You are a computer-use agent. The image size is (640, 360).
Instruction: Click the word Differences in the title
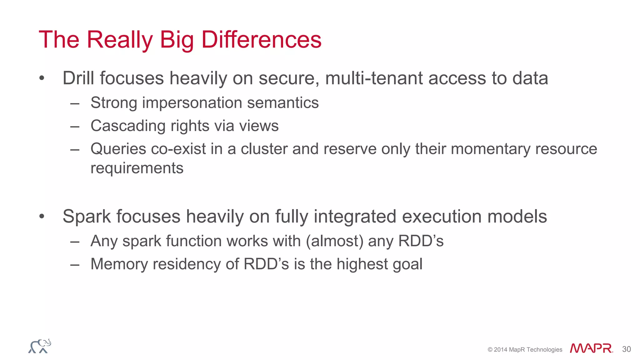point(261,40)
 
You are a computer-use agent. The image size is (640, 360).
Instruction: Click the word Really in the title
point(120,40)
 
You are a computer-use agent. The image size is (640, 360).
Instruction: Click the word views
point(258,126)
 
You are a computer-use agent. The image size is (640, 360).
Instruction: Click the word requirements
point(137,168)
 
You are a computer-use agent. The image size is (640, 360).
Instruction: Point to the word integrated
point(355,217)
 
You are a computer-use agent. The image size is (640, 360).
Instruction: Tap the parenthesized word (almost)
point(334,241)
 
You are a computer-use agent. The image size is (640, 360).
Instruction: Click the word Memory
point(119,264)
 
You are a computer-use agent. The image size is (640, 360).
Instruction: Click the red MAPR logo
point(591,348)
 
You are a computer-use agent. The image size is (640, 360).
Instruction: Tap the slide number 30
point(626,349)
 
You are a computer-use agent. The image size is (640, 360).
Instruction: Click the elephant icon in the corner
point(40,346)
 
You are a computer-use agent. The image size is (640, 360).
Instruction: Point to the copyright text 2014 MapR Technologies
point(525,350)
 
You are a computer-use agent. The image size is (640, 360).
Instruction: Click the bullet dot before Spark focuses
point(42,217)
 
